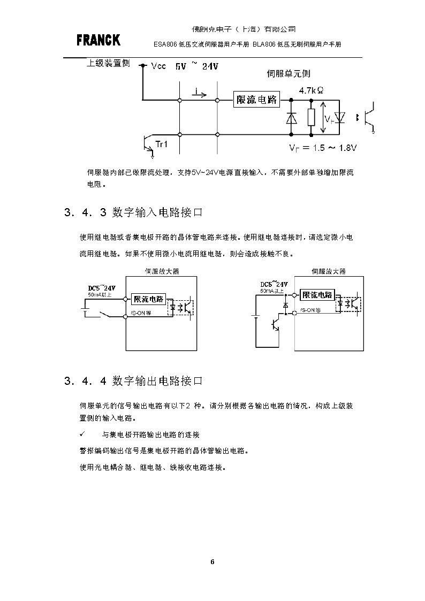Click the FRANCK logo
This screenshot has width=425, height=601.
click(98, 40)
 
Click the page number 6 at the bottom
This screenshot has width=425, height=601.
click(212, 562)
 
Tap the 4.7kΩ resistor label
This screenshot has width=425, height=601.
click(310, 91)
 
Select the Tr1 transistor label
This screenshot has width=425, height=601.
click(161, 143)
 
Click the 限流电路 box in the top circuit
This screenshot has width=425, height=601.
click(257, 100)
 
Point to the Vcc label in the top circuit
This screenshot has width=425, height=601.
click(159, 67)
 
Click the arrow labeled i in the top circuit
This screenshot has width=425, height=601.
click(199, 95)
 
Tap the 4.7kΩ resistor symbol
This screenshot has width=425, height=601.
click(311, 117)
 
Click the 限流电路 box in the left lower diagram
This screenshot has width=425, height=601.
click(148, 299)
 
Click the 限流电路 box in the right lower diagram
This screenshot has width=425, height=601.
click(317, 295)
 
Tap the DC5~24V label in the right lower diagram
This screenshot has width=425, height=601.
click(275, 284)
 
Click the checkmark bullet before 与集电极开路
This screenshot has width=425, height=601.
click(82, 434)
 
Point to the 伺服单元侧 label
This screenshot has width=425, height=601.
click(288, 74)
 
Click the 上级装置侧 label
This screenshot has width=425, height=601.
click(108, 63)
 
